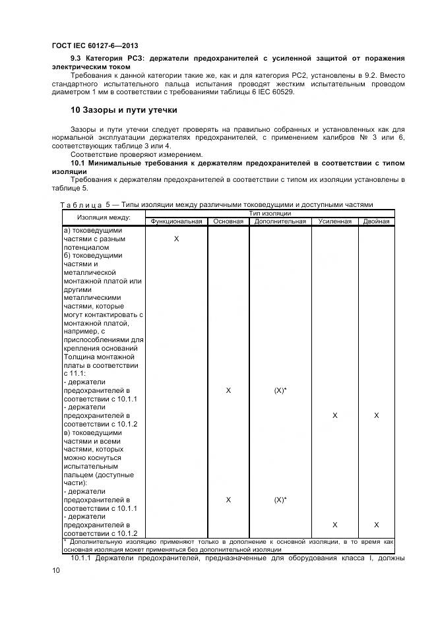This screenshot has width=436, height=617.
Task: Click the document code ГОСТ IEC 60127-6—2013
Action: click(x=94, y=45)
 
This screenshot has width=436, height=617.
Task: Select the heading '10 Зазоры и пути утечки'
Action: click(x=124, y=109)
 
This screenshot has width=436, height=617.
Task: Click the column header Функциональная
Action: click(x=176, y=221)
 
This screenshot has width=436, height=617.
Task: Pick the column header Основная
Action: click(x=228, y=221)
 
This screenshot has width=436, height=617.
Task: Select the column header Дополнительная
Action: click(x=280, y=221)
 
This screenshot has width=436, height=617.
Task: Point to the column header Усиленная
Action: click(x=334, y=221)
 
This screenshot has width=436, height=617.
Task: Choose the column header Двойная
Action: click(x=376, y=221)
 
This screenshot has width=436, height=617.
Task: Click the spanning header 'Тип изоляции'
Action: click(x=269, y=213)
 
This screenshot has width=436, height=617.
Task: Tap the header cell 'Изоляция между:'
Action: click(x=104, y=217)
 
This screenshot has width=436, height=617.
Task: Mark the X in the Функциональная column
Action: click(x=176, y=239)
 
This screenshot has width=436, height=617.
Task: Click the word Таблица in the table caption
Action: click(x=81, y=204)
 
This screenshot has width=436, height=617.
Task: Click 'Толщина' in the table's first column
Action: click(x=78, y=357)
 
